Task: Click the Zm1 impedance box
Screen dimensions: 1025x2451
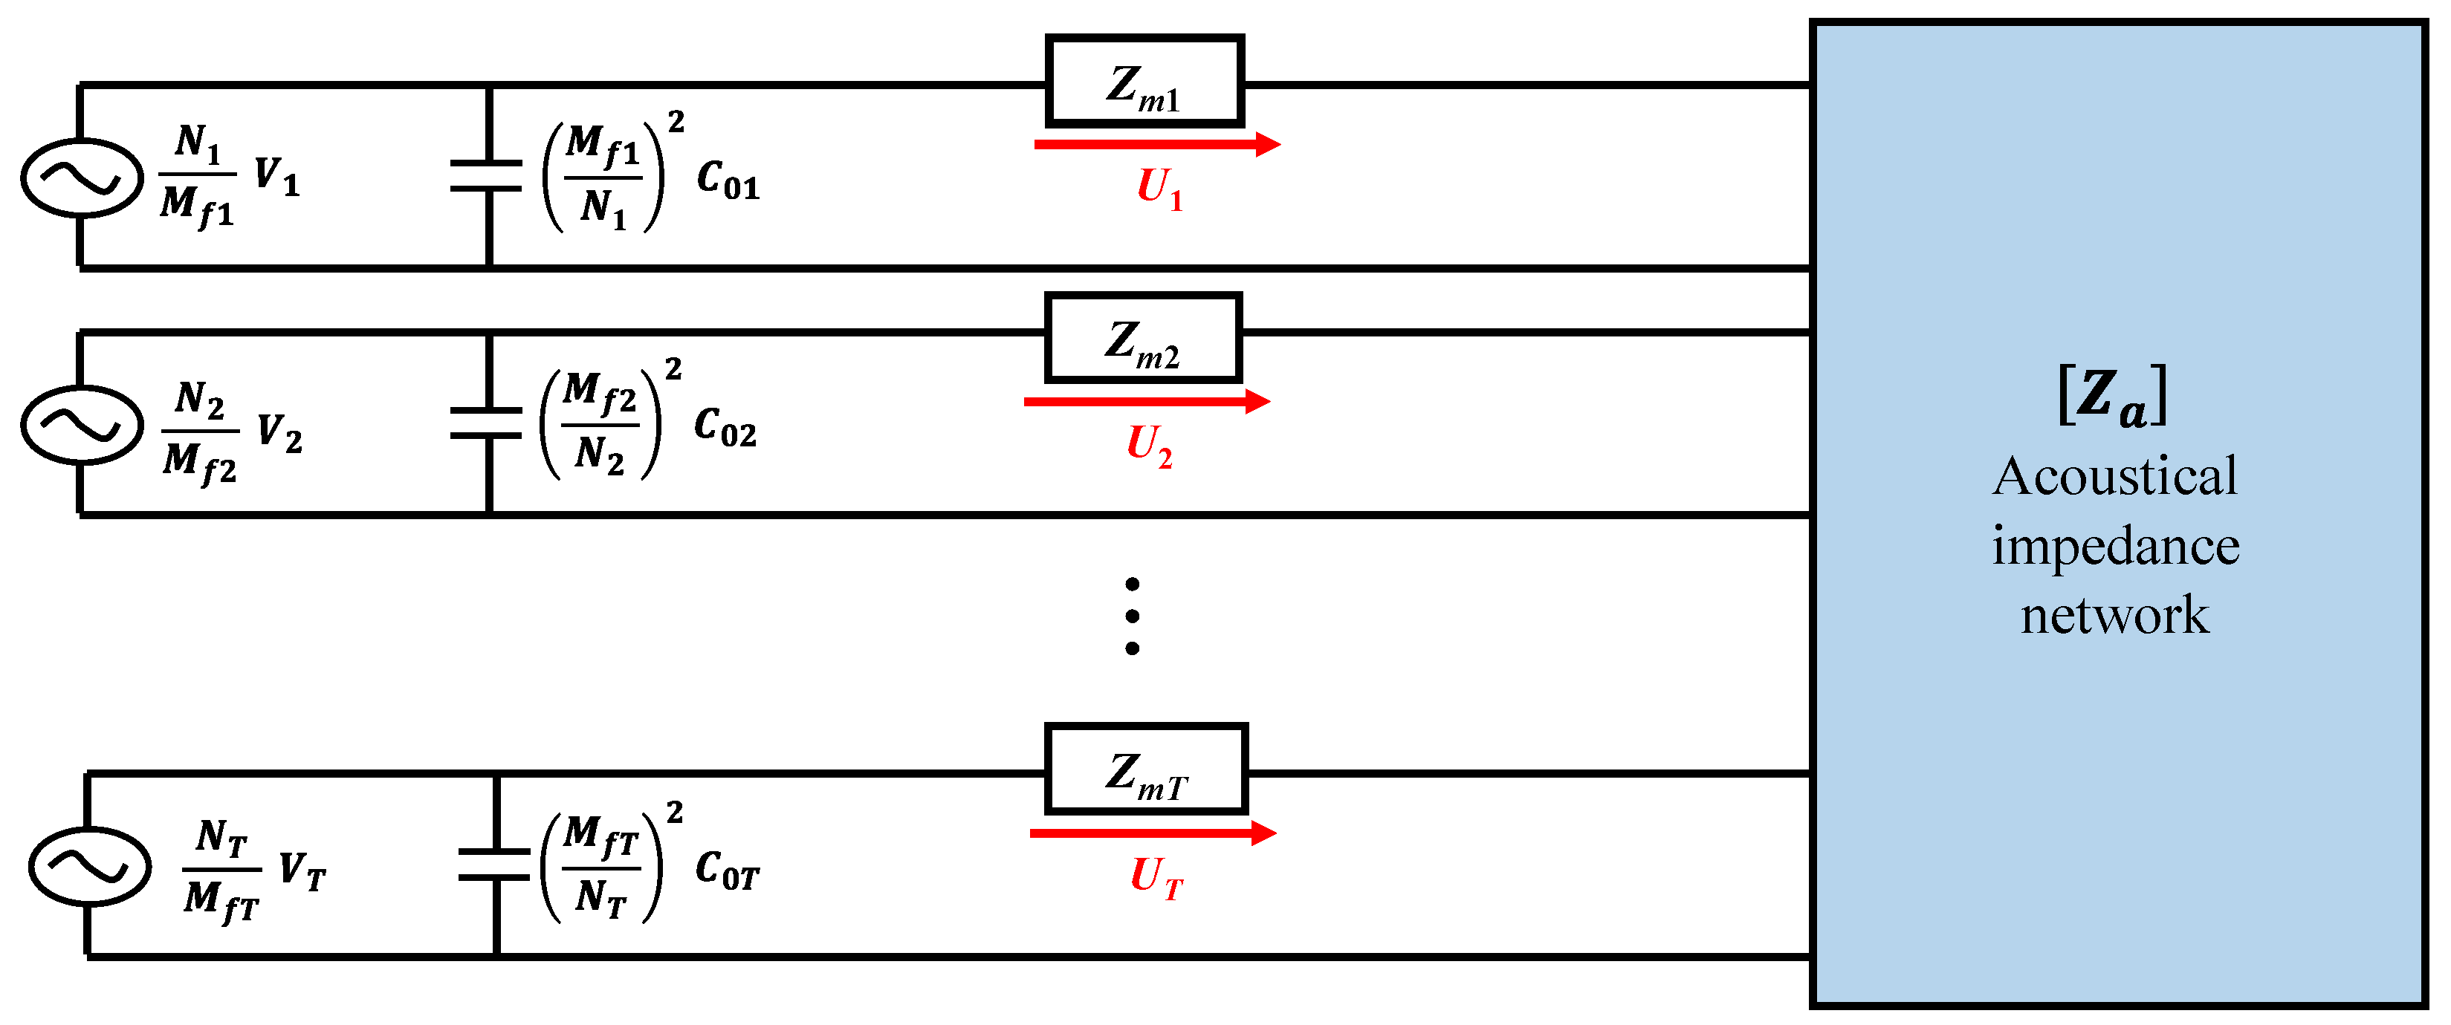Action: pyautogui.click(x=1144, y=82)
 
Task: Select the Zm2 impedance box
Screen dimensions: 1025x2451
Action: pyautogui.click(x=1143, y=337)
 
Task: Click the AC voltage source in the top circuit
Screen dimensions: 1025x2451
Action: pyautogui.click(x=82, y=178)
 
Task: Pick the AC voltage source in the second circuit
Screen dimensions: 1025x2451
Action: pyautogui.click(x=82, y=424)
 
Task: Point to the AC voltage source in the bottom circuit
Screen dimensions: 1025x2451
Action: pyautogui.click(x=89, y=865)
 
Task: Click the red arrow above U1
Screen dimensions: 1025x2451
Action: pyautogui.click(x=1157, y=145)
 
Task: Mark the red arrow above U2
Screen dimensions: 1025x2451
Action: pyautogui.click(x=1147, y=401)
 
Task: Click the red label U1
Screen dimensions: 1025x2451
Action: pyautogui.click(x=1159, y=188)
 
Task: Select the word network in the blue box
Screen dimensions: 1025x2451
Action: pyautogui.click(x=2114, y=614)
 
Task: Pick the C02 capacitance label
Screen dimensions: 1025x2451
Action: pyautogui.click(x=725, y=427)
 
